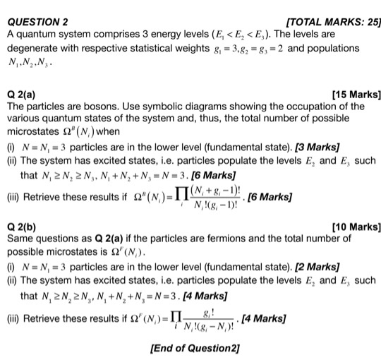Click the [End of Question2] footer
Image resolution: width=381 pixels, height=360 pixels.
[195, 347]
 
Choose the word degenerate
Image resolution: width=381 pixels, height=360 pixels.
[32, 49]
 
